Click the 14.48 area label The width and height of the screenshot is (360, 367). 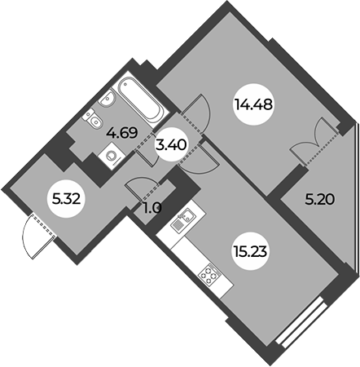(253, 104)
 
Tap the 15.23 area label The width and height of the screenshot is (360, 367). (249, 251)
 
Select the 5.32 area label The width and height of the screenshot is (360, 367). (67, 200)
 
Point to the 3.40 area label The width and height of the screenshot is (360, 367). (171, 145)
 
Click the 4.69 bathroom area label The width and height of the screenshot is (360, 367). (122, 133)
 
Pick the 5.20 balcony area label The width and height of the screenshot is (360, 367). (319, 200)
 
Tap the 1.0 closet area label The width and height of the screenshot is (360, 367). (152, 209)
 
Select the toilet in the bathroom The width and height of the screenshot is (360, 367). (93, 118)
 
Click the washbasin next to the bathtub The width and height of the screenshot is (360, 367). (108, 98)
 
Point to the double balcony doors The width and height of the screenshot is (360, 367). (315, 142)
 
